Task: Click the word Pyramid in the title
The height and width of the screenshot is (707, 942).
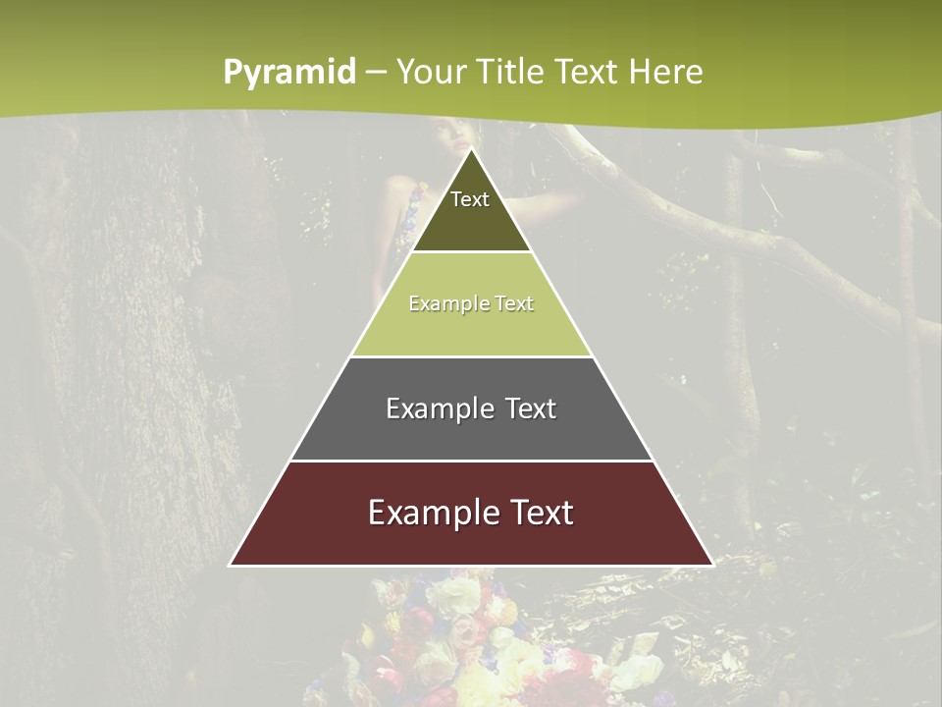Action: click(x=288, y=73)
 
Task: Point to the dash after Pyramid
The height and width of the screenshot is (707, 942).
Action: click(x=376, y=73)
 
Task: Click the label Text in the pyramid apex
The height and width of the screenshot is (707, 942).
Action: click(x=470, y=199)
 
